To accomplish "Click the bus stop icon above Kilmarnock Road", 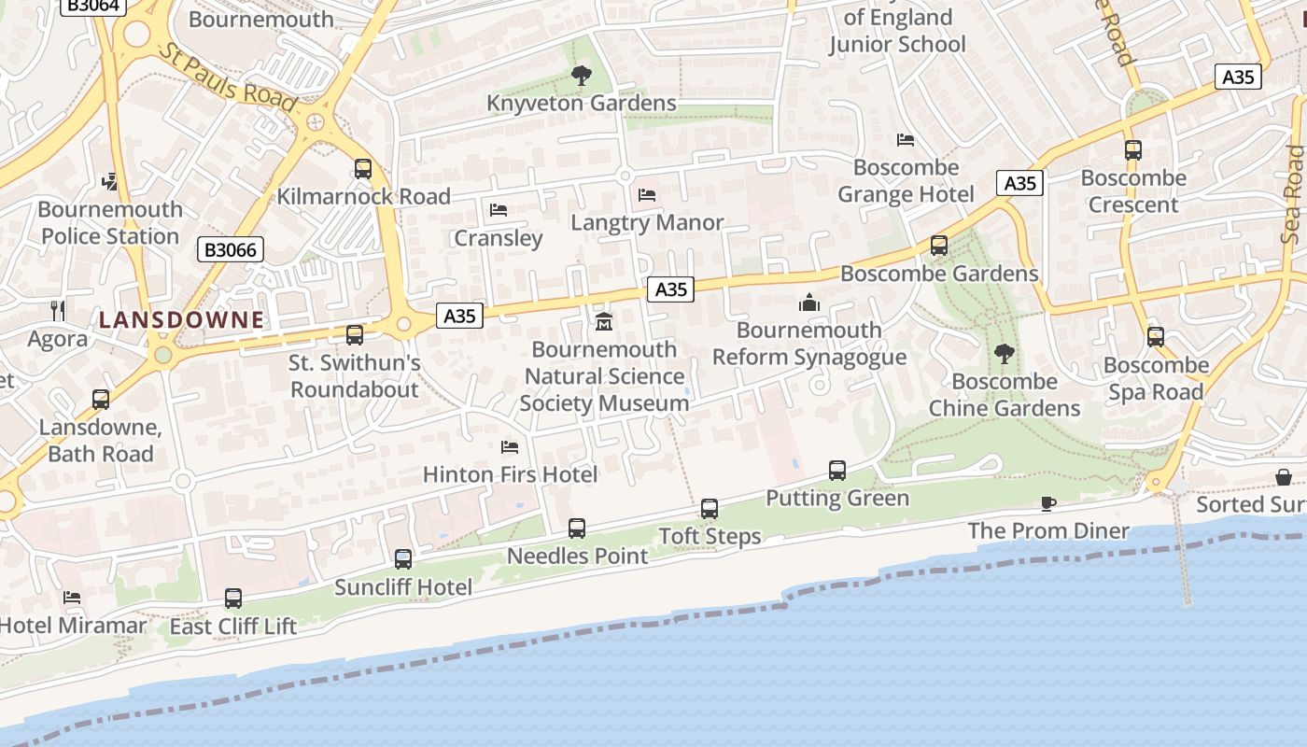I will tap(363, 169).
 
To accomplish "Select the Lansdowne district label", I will tap(181, 319).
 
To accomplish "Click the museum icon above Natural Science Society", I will tap(604, 322).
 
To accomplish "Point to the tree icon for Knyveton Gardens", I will tap(581, 76).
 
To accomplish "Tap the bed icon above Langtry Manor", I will tap(647, 195).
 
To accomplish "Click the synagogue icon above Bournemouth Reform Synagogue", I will tap(809, 303).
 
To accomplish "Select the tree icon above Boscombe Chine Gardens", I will tap(1004, 354).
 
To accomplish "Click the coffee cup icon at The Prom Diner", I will tap(1048, 504).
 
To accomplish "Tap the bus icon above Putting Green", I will tap(837, 471).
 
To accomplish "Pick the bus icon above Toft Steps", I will tap(710, 509).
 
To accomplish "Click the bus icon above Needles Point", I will tap(577, 529).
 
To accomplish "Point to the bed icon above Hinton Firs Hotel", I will tap(510, 447).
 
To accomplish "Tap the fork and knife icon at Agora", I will tap(58, 311).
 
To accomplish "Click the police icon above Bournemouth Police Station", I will tap(110, 181).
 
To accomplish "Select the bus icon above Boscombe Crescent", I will tap(1133, 150).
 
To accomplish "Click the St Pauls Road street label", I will tap(228, 76).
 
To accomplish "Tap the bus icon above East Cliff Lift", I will tap(233, 599).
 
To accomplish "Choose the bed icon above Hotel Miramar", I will tap(72, 598).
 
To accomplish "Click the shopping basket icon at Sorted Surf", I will tap(1285, 477).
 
